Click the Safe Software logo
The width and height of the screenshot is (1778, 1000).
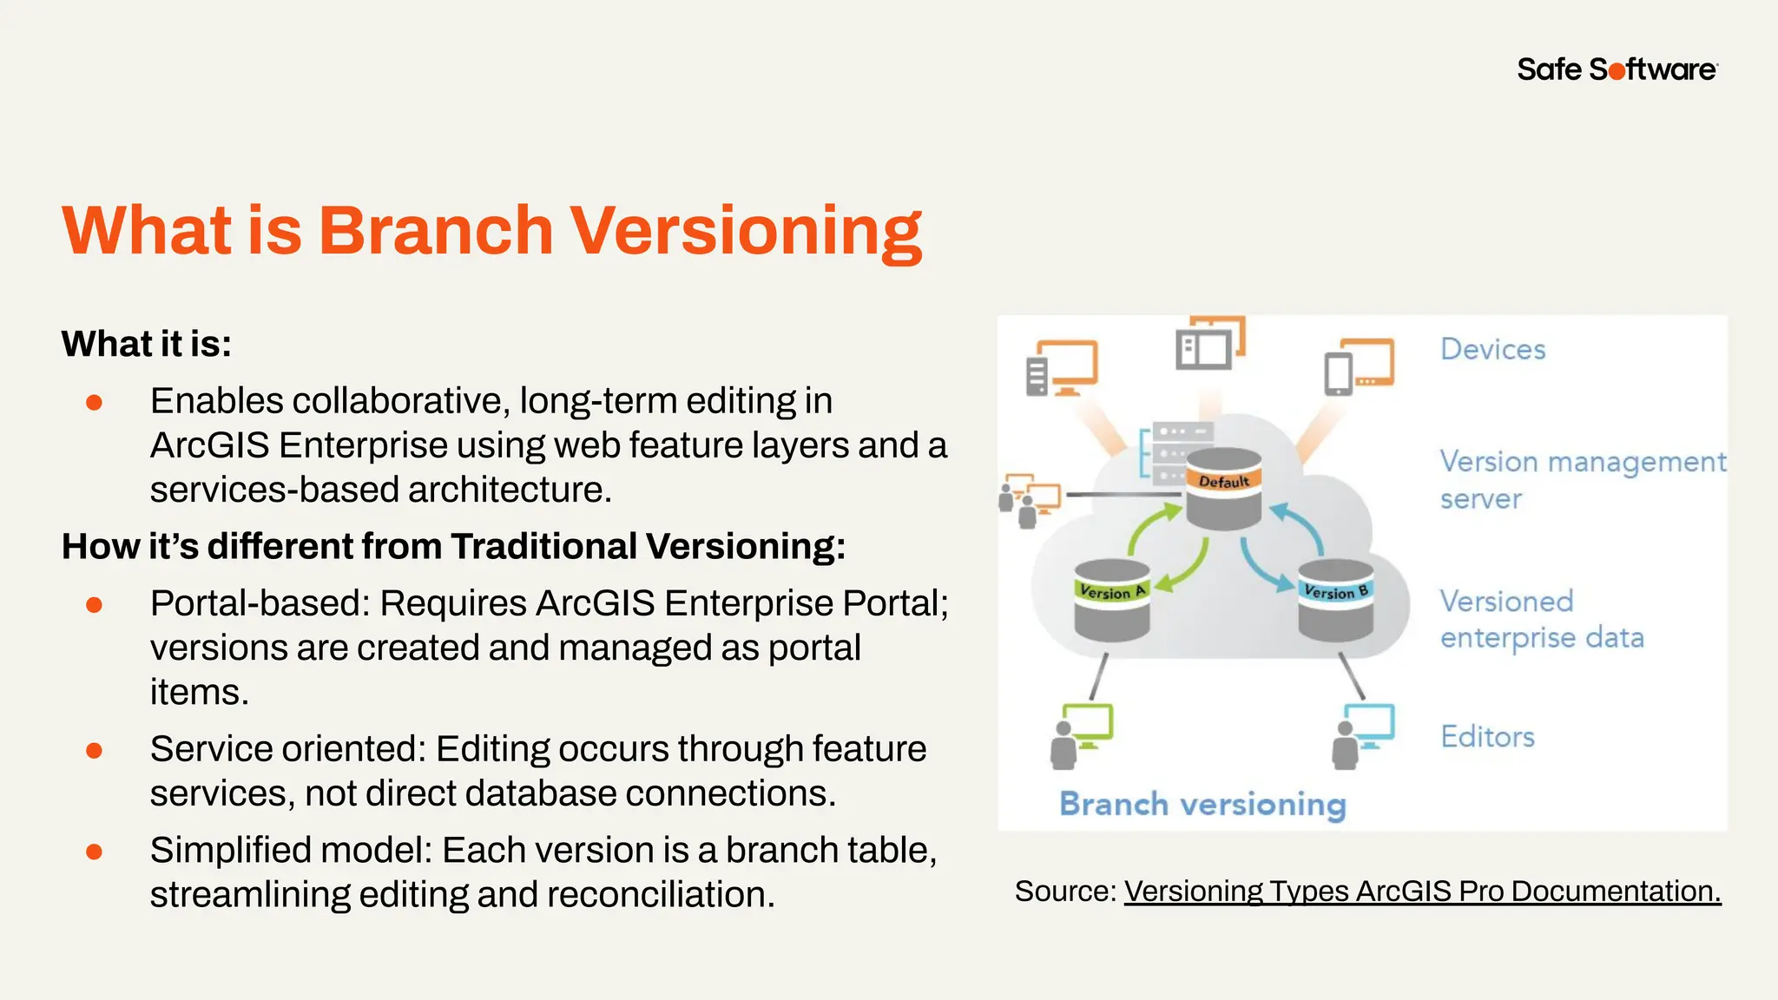1617,69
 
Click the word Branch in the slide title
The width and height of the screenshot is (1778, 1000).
435,231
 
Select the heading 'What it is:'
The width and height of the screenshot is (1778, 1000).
147,344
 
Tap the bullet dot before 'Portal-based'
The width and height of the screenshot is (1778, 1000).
95,604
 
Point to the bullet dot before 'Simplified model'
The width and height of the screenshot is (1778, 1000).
95,852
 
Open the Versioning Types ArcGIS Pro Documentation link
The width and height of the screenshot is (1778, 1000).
1422,891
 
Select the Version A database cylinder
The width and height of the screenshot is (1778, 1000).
1111,600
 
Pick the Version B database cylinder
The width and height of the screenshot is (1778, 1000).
1335,600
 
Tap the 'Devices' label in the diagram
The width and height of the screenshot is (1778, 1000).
1492,349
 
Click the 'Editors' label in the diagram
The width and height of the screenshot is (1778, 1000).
1487,737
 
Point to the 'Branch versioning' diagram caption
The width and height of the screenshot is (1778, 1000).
1202,804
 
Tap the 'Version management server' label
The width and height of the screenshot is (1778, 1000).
1582,479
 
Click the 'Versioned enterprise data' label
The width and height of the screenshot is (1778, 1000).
1541,619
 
